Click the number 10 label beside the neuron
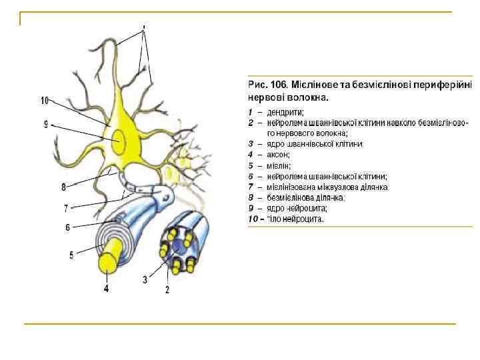pos(45,101)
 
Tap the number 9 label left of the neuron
pos(46,124)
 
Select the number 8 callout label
pos(63,187)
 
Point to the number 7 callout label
pos(66,207)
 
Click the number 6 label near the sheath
pos(67,227)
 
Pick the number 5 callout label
pos(71,253)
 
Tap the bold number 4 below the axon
pos(106,289)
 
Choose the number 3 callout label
pos(145,279)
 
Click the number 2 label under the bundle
pos(167,290)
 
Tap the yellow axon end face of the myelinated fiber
pos(107,262)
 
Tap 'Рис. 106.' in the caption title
pos(267,85)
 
